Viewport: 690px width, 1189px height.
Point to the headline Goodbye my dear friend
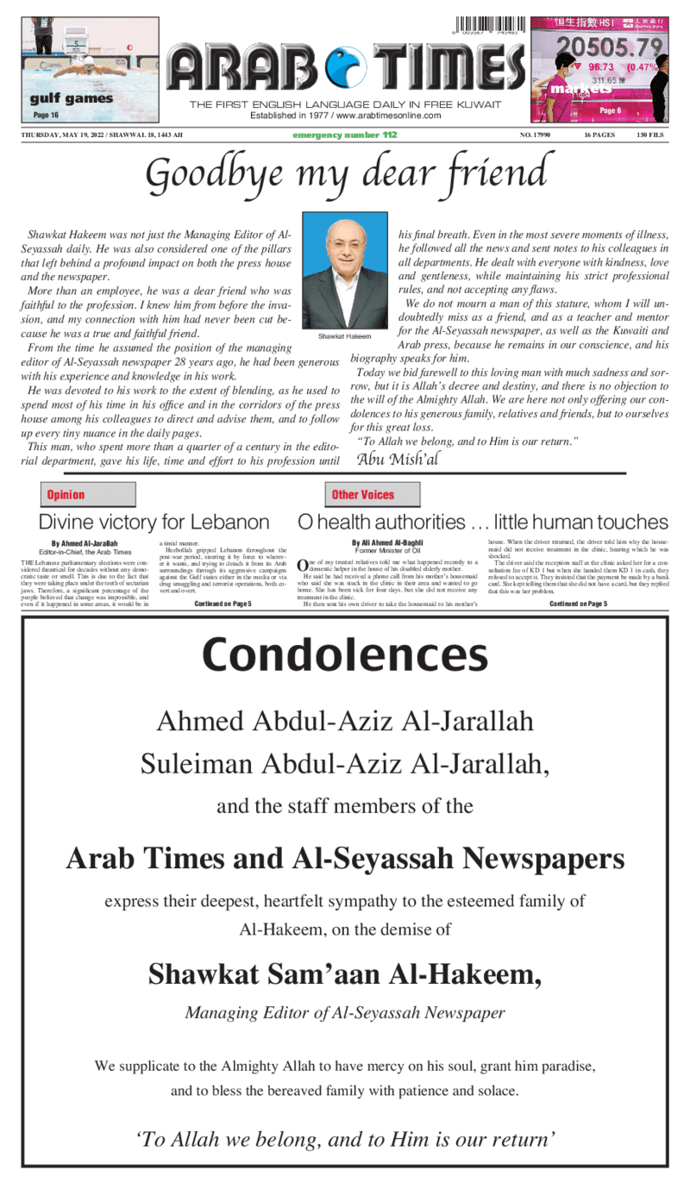[x=345, y=174]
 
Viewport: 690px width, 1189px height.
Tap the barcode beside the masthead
[x=487, y=27]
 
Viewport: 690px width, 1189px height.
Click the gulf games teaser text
[x=71, y=98]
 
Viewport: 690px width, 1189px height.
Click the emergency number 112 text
[x=344, y=135]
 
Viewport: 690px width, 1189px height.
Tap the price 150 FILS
[x=650, y=135]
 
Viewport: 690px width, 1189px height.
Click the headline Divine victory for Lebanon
[x=154, y=522]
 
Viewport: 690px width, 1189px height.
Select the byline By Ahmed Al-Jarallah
[x=85, y=543]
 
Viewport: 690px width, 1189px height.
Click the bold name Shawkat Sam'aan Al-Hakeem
[x=345, y=974]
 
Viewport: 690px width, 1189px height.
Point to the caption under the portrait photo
[x=344, y=335]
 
